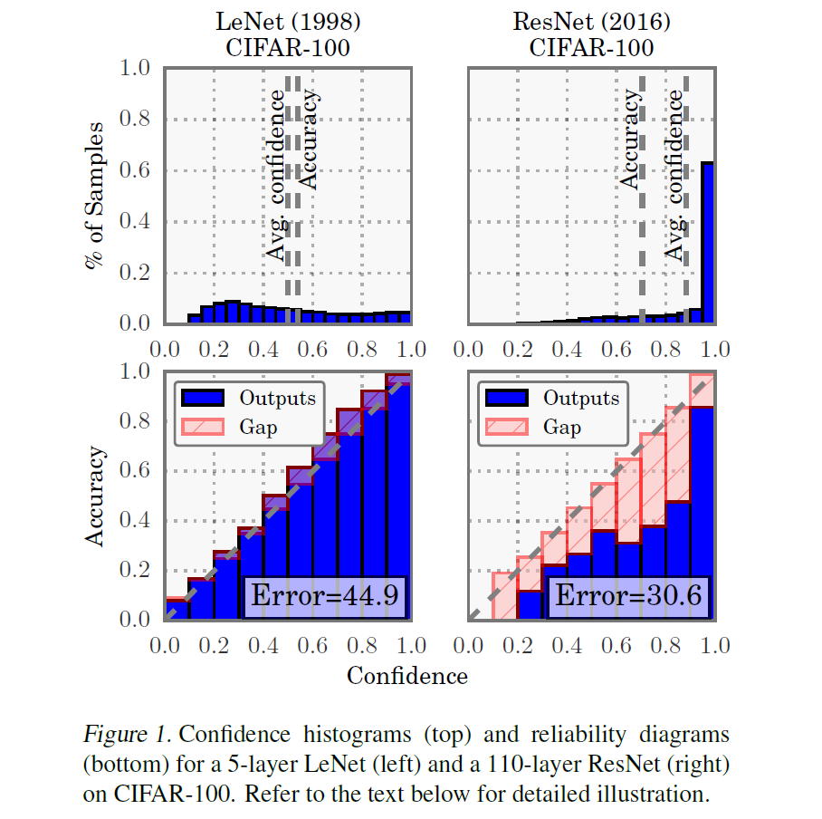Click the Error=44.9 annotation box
[324, 596]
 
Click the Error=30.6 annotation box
[628, 596]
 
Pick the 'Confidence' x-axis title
[407, 676]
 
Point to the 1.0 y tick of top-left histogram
[136, 69]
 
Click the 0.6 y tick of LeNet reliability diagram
[136, 471]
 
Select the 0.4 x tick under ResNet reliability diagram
[568, 647]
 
